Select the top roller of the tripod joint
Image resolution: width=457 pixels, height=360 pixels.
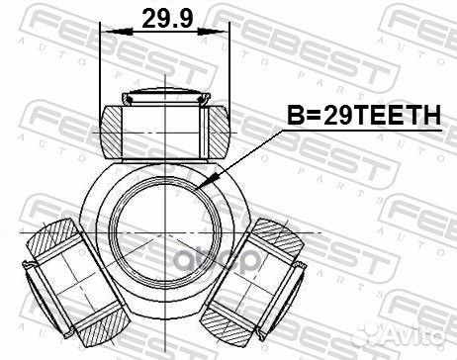(x=164, y=128)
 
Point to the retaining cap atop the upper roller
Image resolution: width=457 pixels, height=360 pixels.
(x=164, y=97)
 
